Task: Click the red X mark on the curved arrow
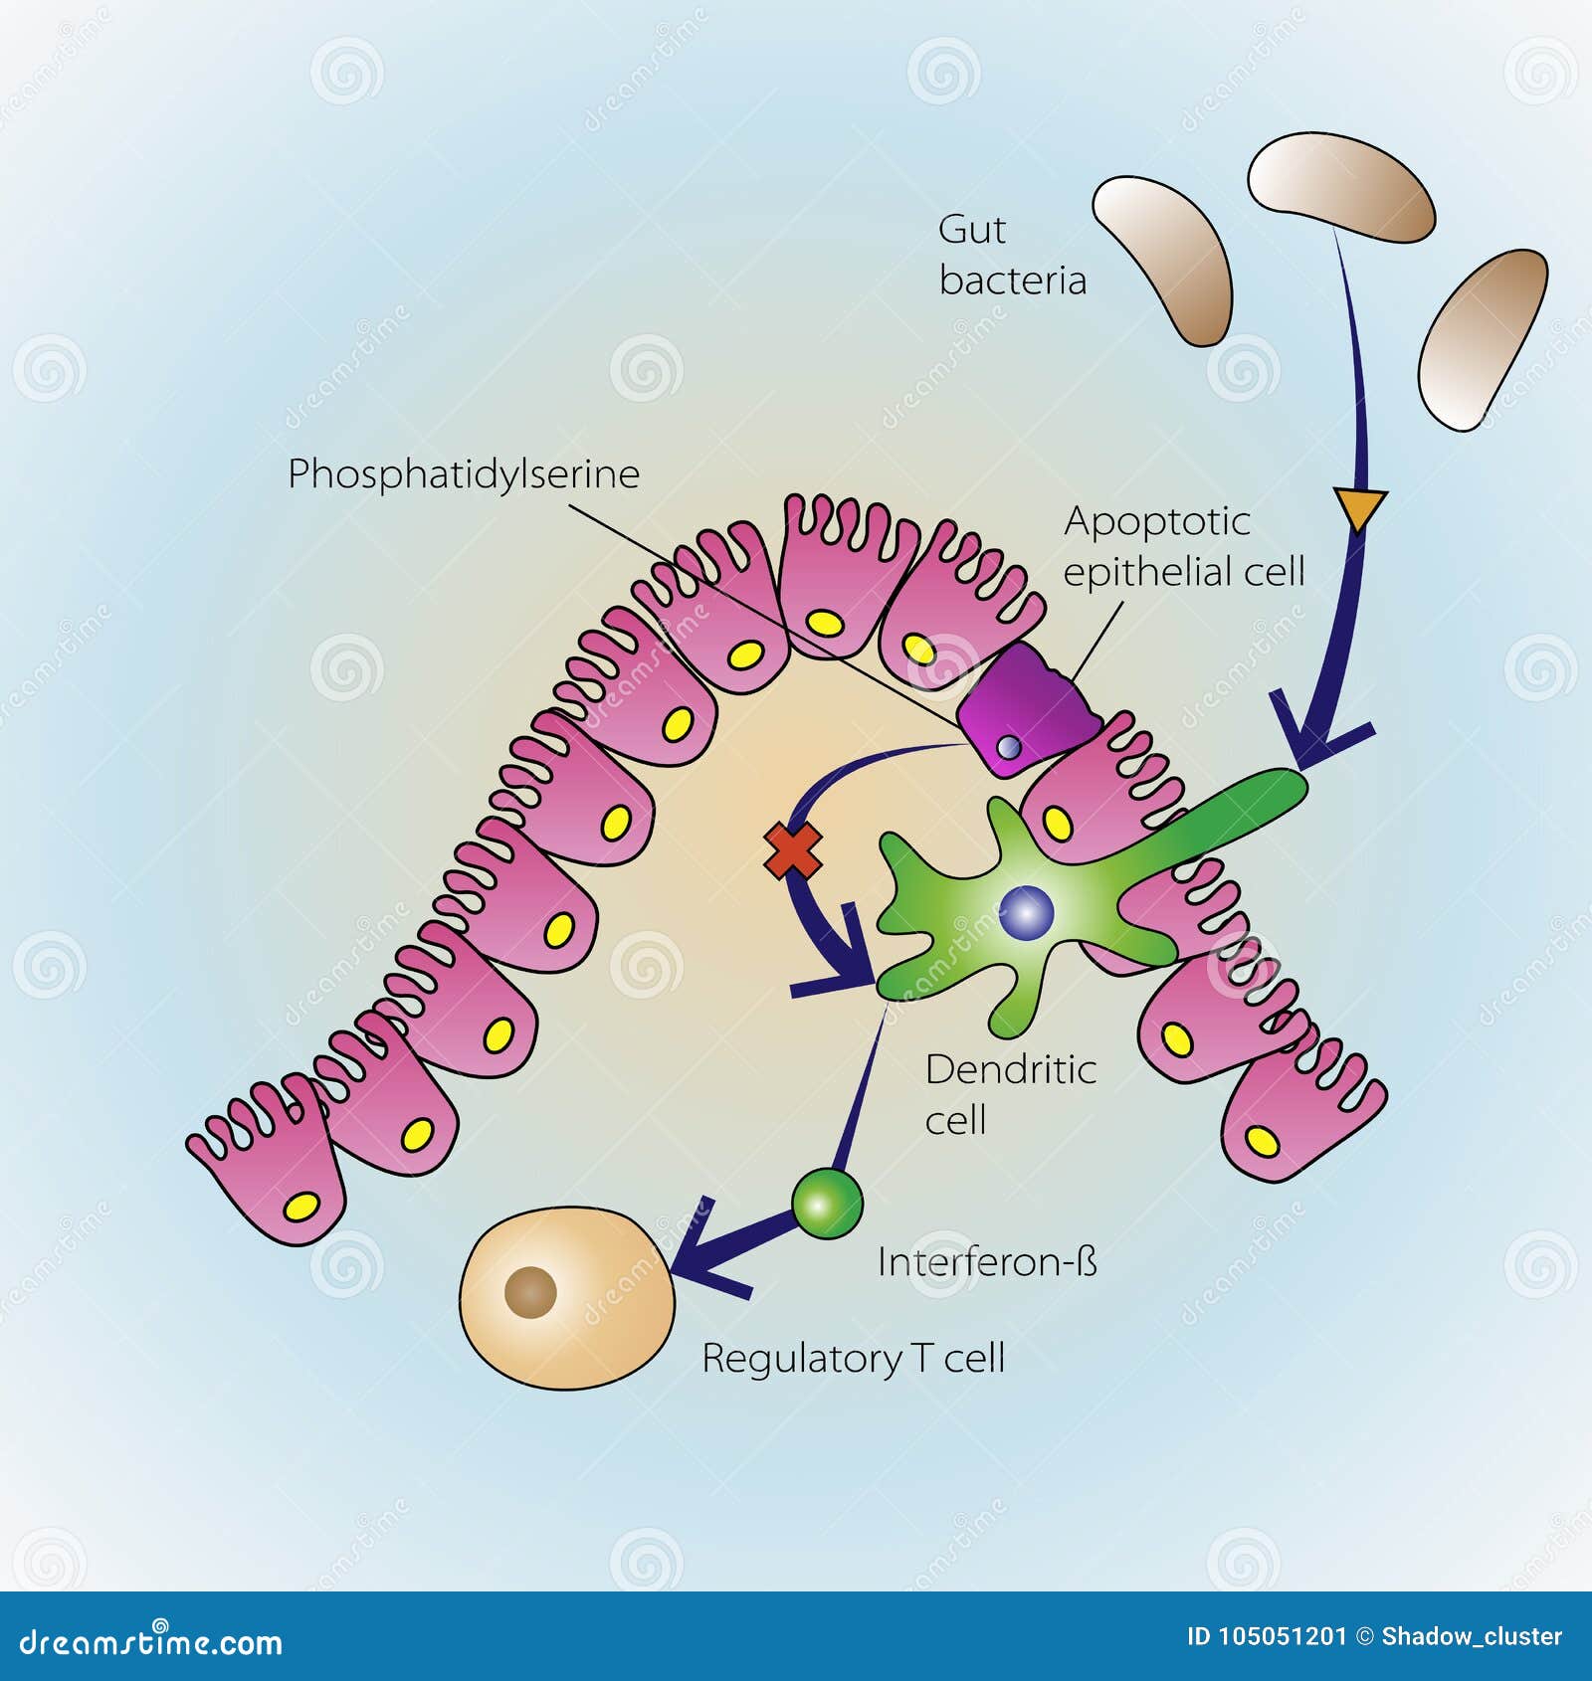point(793,851)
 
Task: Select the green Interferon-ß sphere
point(827,1204)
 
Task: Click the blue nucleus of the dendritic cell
point(1026,911)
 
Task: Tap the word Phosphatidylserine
point(464,474)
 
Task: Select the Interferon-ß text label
point(987,1262)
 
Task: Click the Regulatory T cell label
point(853,1359)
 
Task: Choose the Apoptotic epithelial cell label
point(1183,546)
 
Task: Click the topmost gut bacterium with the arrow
point(1340,189)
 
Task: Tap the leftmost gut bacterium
point(1165,259)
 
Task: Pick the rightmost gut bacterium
point(1482,338)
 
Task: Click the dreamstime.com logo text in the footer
point(151,1641)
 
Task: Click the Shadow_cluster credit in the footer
point(1472,1636)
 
